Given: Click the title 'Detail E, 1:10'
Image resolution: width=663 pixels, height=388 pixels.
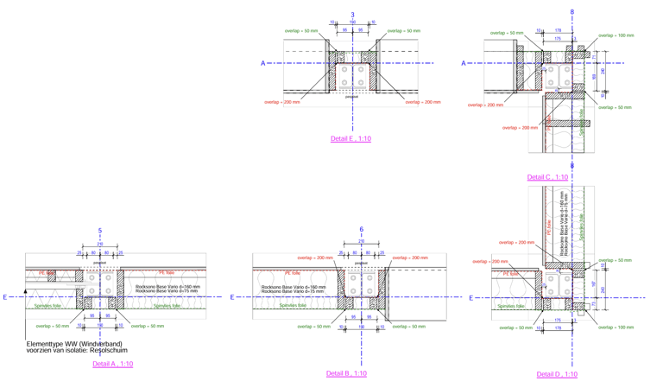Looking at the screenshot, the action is tap(350, 138).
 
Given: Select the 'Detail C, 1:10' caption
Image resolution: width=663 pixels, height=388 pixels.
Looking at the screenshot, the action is tap(547, 177).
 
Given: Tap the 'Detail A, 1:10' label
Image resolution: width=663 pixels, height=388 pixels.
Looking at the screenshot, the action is tap(112, 364).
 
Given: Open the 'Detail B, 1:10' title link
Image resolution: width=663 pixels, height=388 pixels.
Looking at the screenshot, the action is tap(346, 373).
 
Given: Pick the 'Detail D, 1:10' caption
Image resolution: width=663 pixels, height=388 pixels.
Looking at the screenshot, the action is tap(557, 374).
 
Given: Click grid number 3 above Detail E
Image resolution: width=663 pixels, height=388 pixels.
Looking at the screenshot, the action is tap(352, 15).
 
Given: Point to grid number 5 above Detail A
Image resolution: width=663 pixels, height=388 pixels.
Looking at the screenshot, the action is tap(100, 231).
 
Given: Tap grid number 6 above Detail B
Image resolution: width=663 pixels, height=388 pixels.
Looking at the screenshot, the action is tap(361, 230).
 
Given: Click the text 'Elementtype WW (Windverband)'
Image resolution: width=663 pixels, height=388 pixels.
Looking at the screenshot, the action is tap(74, 344).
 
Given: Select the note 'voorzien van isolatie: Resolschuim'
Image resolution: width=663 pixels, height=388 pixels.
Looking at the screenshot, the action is tap(77, 351).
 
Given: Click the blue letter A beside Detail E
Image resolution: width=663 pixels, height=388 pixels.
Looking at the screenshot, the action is tap(263, 63).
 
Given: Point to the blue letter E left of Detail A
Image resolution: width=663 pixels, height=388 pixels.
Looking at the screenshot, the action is tap(4, 297).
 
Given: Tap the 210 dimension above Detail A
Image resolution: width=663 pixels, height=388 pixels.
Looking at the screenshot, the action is tap(100, 245).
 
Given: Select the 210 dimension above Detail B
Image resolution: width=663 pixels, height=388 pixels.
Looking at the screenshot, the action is tap(361, 242).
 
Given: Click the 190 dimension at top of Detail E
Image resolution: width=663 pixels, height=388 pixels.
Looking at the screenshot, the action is tap(352, 22).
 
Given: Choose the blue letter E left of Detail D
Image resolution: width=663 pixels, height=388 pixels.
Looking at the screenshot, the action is tap(470, 298).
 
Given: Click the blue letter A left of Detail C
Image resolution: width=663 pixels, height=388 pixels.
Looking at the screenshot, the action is tap(464, 63).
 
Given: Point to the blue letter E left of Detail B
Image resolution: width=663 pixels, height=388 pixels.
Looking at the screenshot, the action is tap(231, 297).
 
